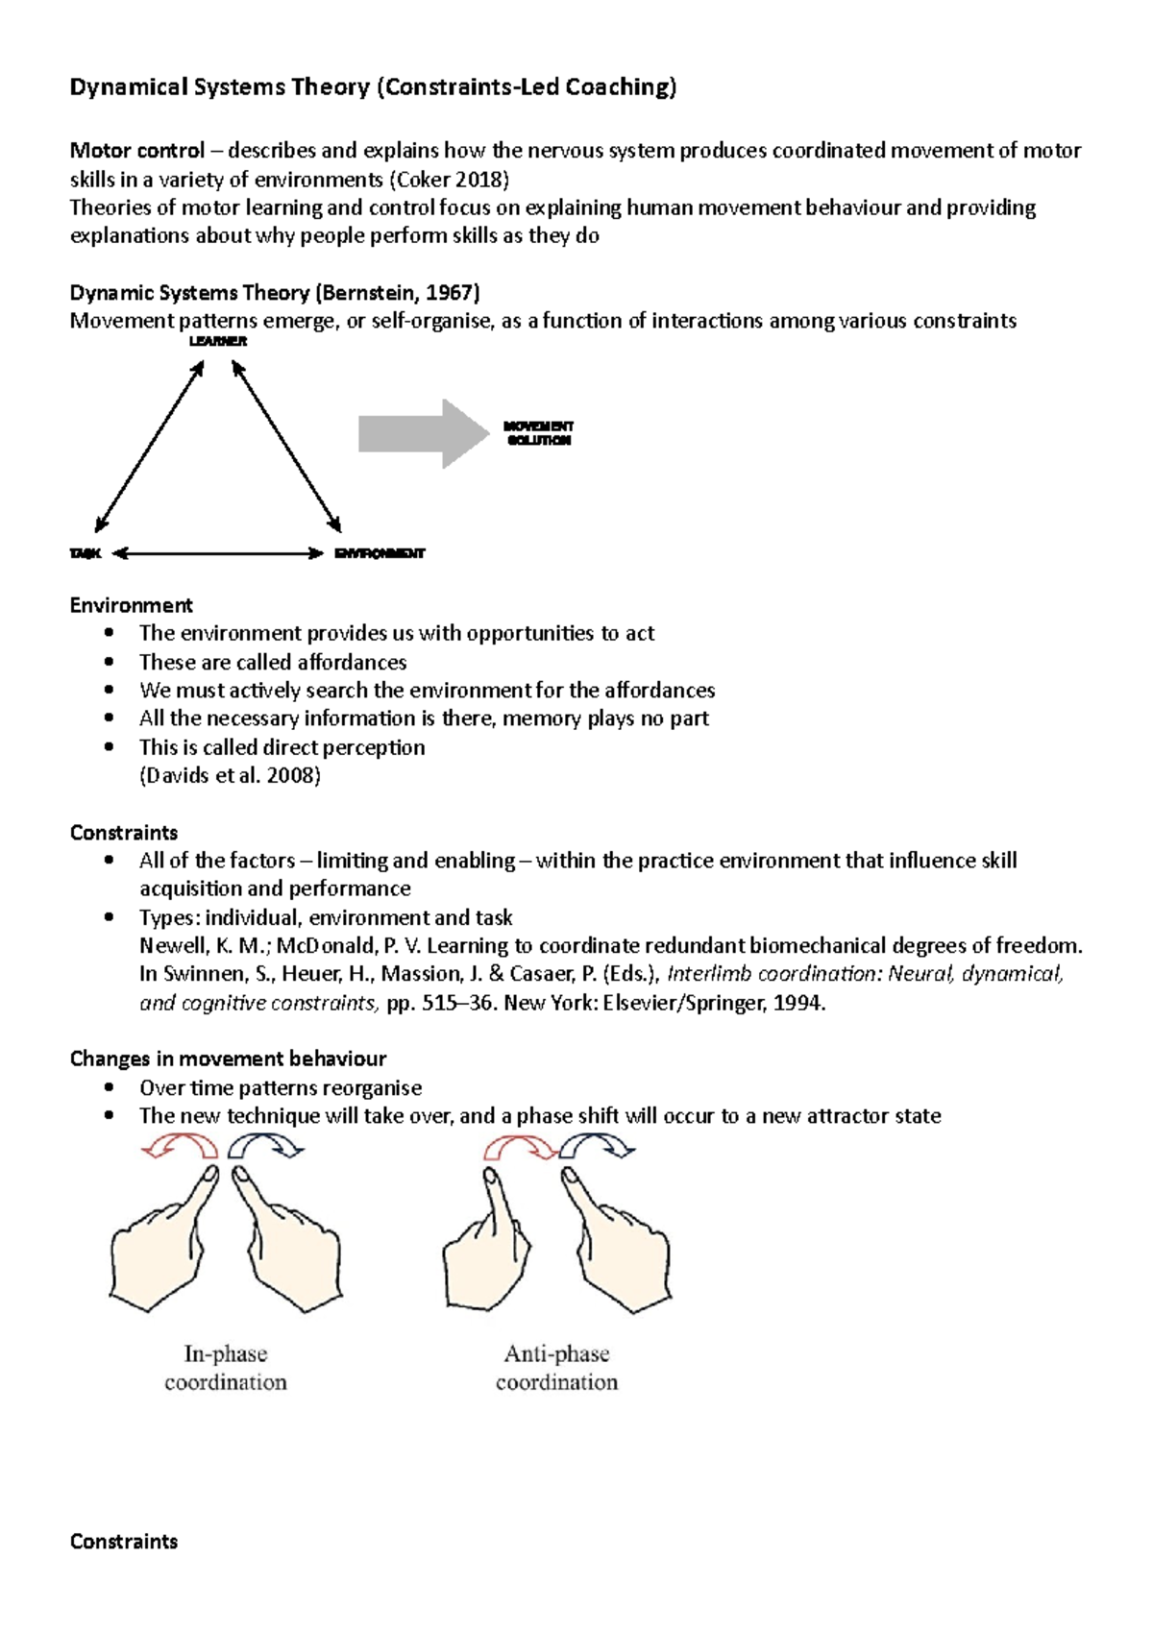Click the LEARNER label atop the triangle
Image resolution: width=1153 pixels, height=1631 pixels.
(x=218, y=342)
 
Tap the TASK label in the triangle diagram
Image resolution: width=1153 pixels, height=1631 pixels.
(x=86, y=554)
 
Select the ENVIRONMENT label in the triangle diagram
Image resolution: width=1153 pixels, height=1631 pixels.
(x=380, y=554)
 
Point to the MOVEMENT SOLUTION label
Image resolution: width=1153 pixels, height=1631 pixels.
(x=538, y=433)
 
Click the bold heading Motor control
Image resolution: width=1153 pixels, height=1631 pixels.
(x=137, y=151)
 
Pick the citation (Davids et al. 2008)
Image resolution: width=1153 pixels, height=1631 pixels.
(x=230, y=775)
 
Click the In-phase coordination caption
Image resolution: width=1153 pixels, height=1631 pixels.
(x=226, y=1368)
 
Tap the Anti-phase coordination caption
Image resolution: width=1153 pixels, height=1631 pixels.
(x=556, y=1368)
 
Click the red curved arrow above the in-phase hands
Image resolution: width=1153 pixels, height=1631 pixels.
(x=182, y=1146)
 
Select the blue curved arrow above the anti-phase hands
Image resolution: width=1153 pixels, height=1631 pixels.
(x=597, y=1146)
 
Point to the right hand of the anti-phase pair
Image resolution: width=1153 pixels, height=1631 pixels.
(x=615, y=1249)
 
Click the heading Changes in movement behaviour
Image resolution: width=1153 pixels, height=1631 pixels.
(x=228, y=1059)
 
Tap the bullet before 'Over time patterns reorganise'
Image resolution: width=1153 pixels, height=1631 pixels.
(x=111, y=1087)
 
